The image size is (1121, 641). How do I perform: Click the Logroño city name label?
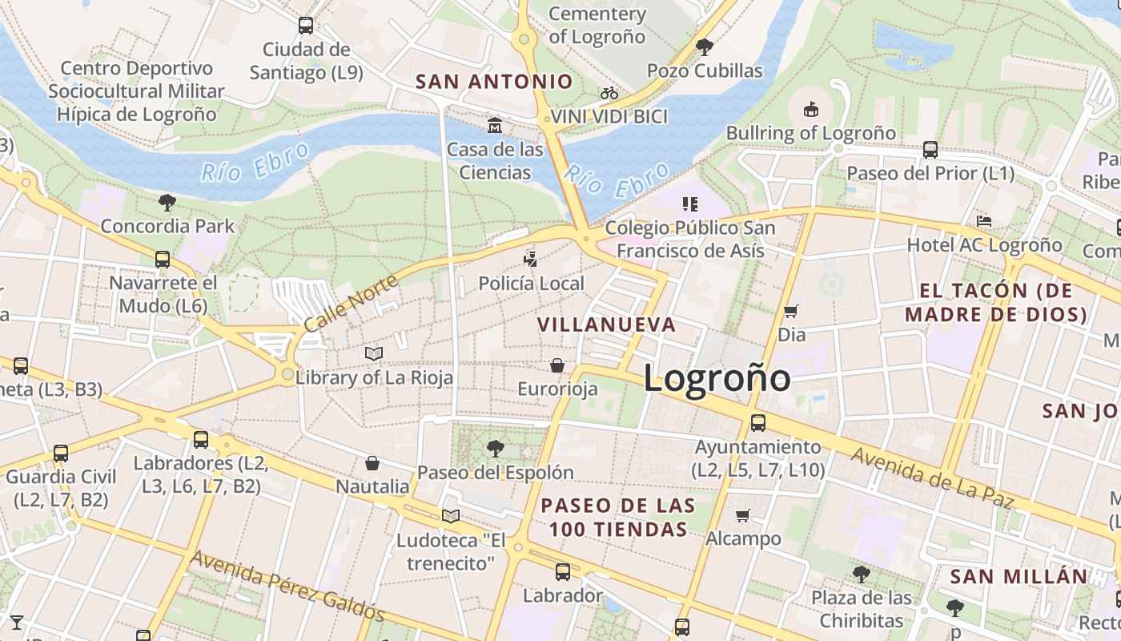click(x=717, y=378)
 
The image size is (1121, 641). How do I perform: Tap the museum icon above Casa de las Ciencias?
click(x=495, y=126)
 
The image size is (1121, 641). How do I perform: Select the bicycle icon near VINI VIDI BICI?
click(x=609, y=94)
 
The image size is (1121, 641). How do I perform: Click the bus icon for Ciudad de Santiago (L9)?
click(x=306, y=26)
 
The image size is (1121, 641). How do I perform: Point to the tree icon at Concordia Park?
click(x=167, y=203)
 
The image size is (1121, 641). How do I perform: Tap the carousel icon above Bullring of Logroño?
click(x=810, y=109)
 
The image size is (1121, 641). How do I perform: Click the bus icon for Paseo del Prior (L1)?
click(x=930, y=150)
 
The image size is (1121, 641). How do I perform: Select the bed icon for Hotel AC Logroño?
click(x=984, y=221)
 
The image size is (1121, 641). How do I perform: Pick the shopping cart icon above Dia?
click(x=791, y=311)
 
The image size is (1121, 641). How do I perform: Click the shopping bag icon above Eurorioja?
click(x=557, y=366)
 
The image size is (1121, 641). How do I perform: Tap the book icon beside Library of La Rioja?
click(x=374, y=353)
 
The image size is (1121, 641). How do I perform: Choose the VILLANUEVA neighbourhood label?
click(x=606, y=325)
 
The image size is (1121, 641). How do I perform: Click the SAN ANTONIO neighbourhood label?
click(x=494, y=82)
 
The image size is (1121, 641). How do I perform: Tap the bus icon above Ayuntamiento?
click(x=757, y=423)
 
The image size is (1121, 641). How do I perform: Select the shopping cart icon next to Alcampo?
click(x=743, y=515)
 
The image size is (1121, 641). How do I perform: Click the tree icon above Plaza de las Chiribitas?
click(x=861, y=574)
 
